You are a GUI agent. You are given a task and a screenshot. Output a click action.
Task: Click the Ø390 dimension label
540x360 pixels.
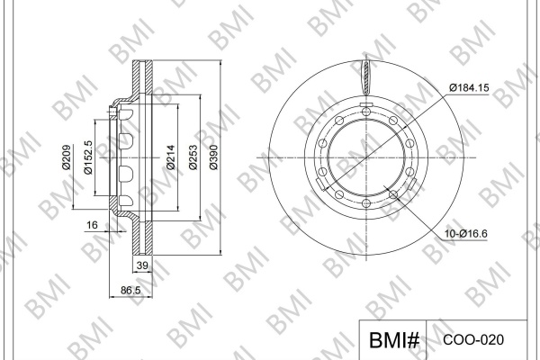pos(213,157)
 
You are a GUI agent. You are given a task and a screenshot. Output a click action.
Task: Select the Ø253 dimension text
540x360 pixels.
pos(193,157)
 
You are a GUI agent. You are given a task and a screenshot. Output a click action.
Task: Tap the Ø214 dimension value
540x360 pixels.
pos(170,157)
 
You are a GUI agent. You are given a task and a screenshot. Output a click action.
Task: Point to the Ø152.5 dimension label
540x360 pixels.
pos(88,157)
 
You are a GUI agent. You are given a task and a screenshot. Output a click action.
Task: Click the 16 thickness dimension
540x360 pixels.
pos(92,225)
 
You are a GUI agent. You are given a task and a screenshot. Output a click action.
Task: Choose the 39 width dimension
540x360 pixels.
pos(142,265)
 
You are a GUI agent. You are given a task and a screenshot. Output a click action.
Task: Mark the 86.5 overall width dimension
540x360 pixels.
pos(130,291)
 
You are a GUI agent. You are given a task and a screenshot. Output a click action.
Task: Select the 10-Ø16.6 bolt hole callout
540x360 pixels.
pos(465,234)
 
